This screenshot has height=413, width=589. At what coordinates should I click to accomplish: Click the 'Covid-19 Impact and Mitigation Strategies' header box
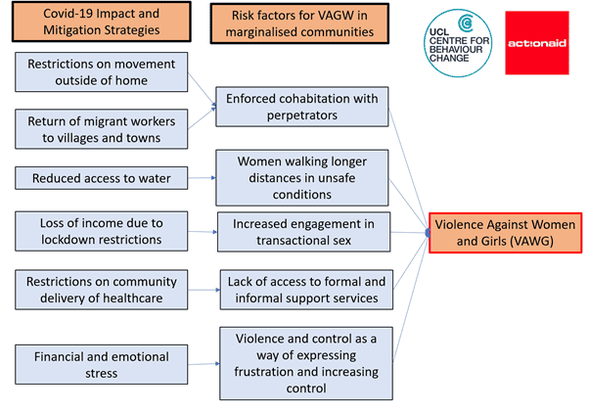[x=102, y=22]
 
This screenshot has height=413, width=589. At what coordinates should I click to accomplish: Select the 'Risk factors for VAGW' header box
[x=299, y=23]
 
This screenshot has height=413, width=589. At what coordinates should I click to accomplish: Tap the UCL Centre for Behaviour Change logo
[x=458, y=43]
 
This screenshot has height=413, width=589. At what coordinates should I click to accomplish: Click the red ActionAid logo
[x=537, y=43]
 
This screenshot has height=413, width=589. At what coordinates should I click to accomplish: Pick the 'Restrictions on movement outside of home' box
[x=102, y=71]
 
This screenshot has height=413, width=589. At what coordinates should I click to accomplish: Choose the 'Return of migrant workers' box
[x=102, y=129]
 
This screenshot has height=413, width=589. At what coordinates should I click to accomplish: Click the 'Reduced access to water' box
[x=102, y=178]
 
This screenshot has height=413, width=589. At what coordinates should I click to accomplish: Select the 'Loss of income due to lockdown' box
[x=102, y=231]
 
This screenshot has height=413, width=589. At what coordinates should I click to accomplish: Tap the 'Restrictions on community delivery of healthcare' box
[x=102, y=290]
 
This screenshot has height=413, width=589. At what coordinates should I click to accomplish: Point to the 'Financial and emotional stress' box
[x=102, y=364]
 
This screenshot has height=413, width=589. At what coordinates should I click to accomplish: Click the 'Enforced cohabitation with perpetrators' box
[x=302, y=107]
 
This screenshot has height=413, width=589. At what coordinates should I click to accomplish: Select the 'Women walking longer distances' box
[x=302, y=178]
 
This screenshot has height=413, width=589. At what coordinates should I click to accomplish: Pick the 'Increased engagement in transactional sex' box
[x=303, y=232]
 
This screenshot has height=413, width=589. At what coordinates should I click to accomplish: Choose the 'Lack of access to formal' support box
[x=306, y=290]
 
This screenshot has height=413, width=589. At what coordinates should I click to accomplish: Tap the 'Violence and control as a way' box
[x=306, y=363]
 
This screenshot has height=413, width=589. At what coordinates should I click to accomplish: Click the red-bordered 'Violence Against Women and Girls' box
[x=505, y=233]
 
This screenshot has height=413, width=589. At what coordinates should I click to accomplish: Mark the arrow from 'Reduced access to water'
[x=202, y=178]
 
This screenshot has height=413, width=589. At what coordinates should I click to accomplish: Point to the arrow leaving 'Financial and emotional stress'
[x=204, y=364]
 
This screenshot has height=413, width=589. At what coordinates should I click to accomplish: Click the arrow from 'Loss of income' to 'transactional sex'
[x=203, y=232]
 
